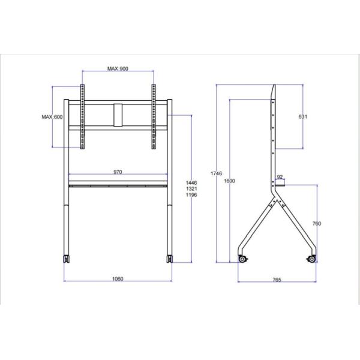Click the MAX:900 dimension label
point(118,69)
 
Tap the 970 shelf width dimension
point(118,172)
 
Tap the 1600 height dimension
point(229,181)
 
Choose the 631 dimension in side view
point(302,117)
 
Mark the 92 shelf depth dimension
point(280,177)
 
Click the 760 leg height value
point(317,223)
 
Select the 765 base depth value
point(277,280)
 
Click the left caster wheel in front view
point(64,259)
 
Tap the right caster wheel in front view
point(170,259)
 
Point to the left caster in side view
point(243,259)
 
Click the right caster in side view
point(311,259)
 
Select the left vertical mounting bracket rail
point(82,117)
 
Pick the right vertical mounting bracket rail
point(153,117)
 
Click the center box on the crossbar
point(118,116)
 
